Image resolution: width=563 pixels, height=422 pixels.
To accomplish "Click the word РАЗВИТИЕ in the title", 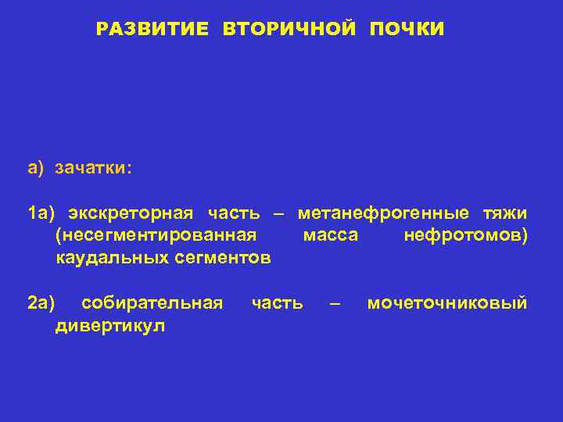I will (x=152, y=30).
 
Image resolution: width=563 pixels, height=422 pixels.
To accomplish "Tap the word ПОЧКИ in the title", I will (x=407, y=30).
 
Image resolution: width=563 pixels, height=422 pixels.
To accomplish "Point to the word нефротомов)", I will (x=466, y=235).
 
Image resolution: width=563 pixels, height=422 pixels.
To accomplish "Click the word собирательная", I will (x=152, y=303).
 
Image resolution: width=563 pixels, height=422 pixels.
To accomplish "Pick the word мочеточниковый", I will (x=447, y=303).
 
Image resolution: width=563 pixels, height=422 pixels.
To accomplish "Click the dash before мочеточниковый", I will (x=335, y=303).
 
